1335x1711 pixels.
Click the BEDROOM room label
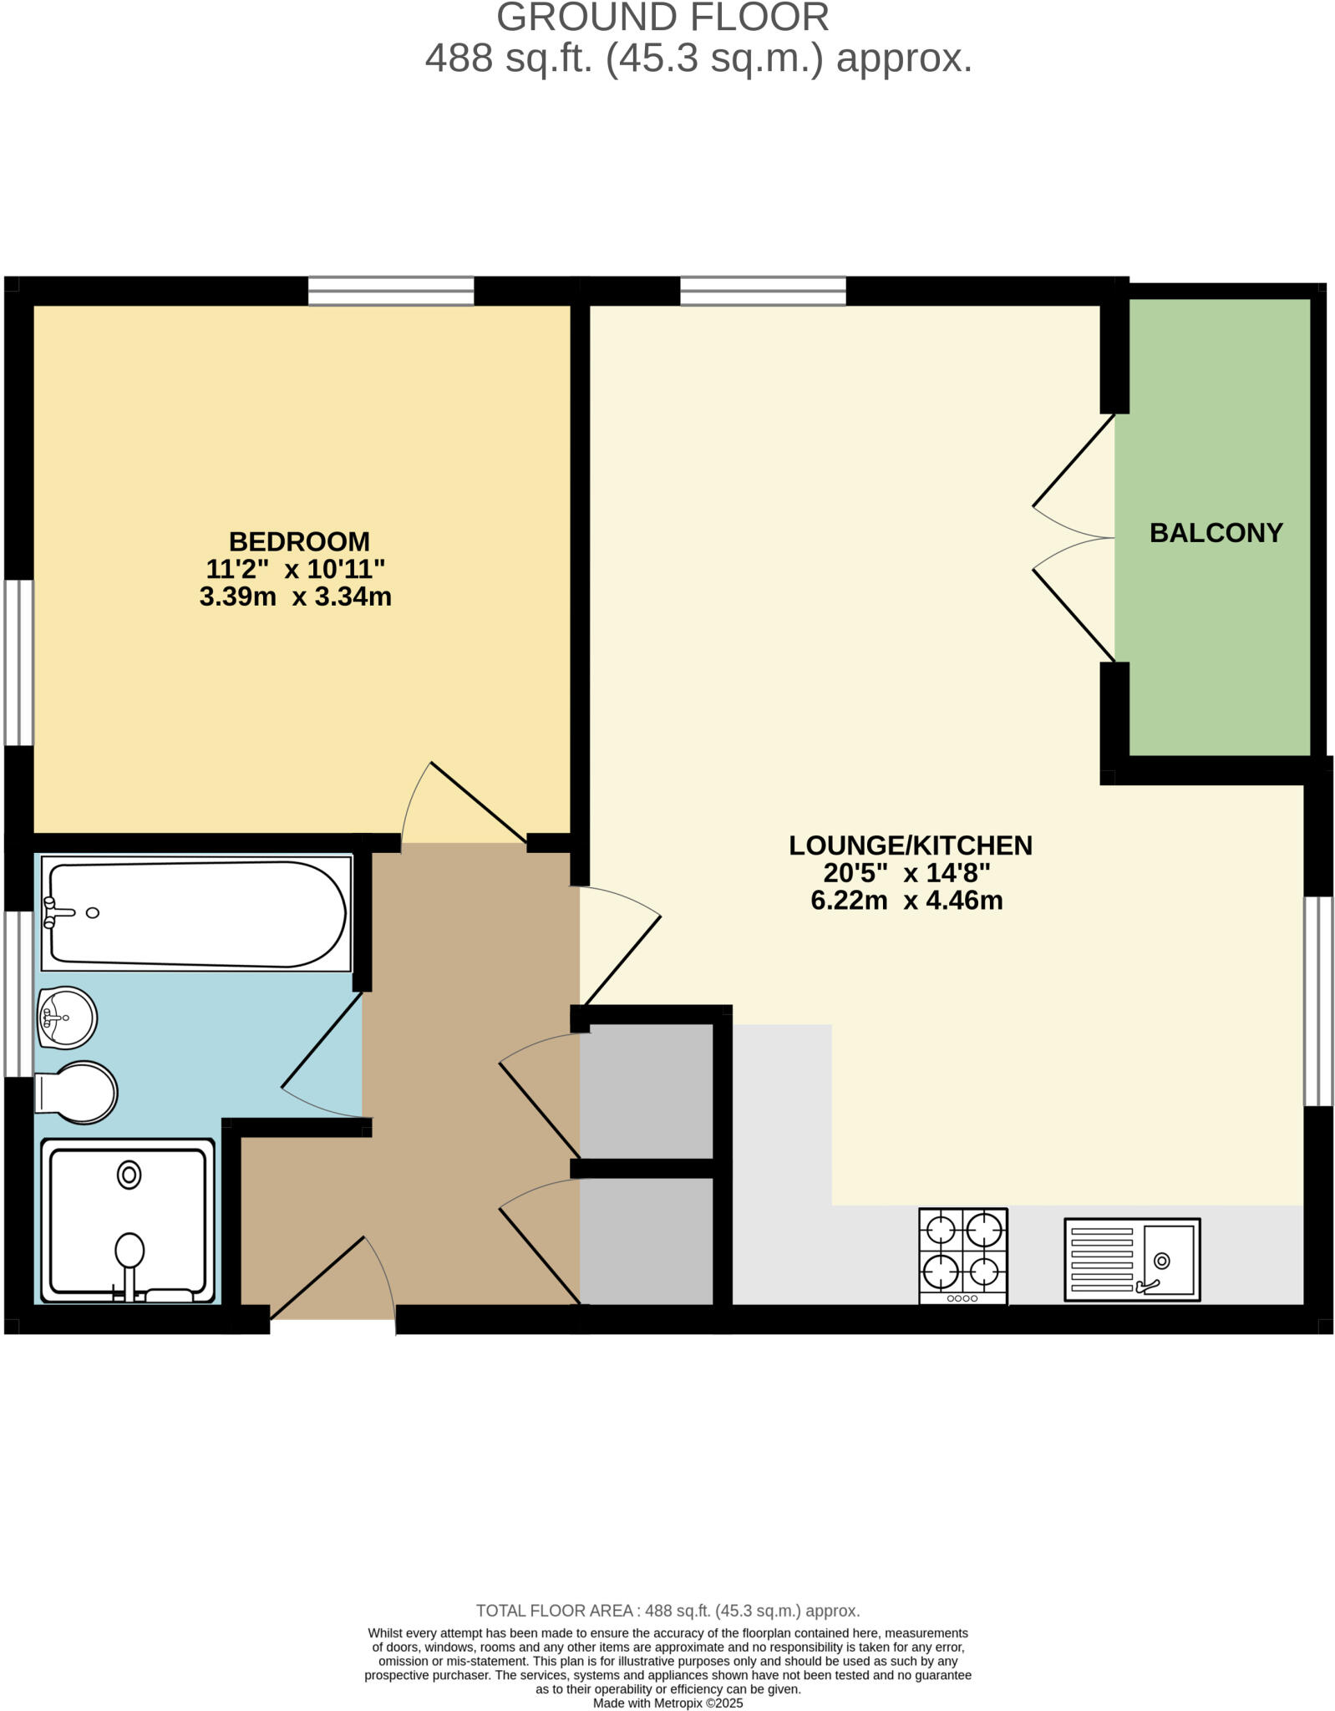[298, 541]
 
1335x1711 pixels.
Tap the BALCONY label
[1216, 533]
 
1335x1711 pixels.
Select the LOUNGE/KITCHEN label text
[910, 845]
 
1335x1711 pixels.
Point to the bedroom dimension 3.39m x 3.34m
[295, 597]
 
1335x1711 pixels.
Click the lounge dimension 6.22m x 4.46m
[906, 901]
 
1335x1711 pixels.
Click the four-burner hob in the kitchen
[962, 1254]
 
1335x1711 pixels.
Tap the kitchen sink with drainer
[1131, 1259]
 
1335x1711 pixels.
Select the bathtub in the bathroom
[196, 915]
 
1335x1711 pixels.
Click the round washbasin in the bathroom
[67, 1017]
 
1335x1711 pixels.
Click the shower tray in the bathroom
[128, 1221]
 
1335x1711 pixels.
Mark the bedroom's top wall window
[391, 291]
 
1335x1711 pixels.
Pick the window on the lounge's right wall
[1318, 1001]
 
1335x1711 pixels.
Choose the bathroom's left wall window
[18, 993]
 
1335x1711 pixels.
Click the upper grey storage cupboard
[646, 1090]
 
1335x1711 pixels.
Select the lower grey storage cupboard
[646, 1240]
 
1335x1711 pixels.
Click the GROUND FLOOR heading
[662, 18]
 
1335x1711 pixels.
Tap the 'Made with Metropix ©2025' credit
[667, 1703]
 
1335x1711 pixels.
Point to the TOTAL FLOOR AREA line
[667, 1610]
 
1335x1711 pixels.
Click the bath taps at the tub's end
[51, 912]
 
